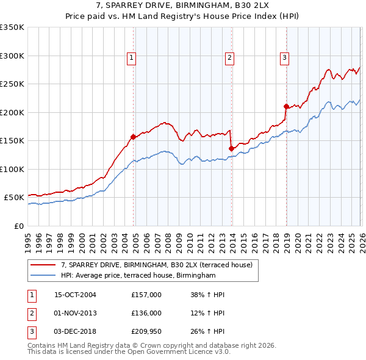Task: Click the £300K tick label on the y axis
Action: (x=12, y=56)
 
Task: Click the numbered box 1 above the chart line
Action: (x=131, y=58)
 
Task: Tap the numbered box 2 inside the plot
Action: (x=229, y=58)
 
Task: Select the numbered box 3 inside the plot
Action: (x=284, y=58)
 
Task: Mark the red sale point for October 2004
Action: (x=133, y=137)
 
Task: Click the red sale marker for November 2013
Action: (x=231, y=148)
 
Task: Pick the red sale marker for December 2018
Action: (x=286, y=106)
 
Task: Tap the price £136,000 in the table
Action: (x=146, y=313)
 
